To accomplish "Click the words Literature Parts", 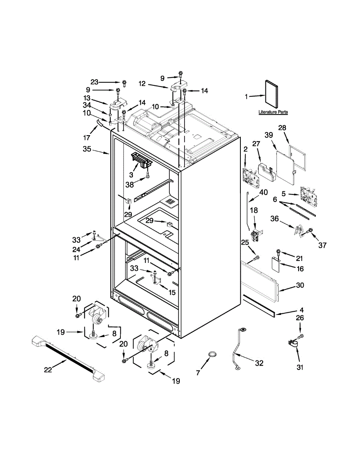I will [273, 112].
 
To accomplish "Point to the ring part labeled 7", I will [212, 354].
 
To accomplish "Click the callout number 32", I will [259, 363].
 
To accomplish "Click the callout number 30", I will [300, 285].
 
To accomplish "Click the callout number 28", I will [282, 128].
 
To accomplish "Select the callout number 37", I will [322, 245].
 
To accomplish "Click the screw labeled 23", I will [124, 83].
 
